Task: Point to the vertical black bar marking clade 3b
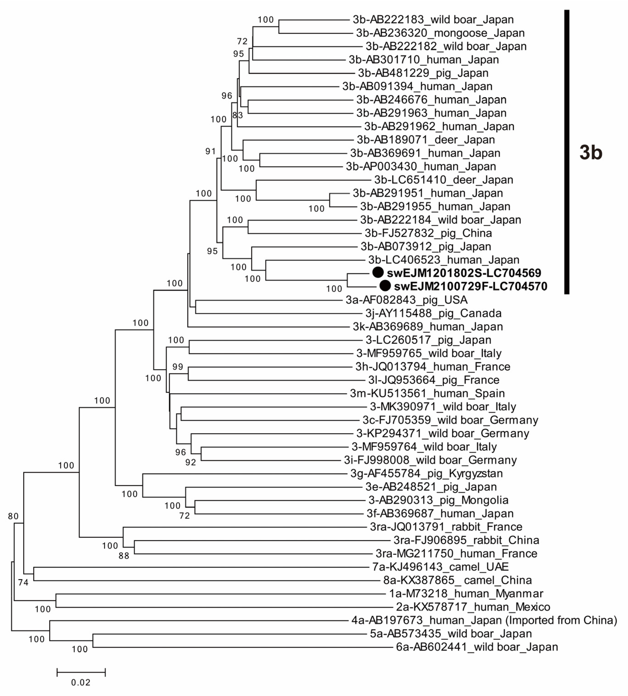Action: coord(567,152)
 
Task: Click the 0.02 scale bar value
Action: coord(81,682)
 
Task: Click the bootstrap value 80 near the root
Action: coord(13,516)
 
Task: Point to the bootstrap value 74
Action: coord(23,583)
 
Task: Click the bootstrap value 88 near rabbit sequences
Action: coord(123,556)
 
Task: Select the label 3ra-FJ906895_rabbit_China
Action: coord(466,540)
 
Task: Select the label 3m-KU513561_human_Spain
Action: coord(427,393)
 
